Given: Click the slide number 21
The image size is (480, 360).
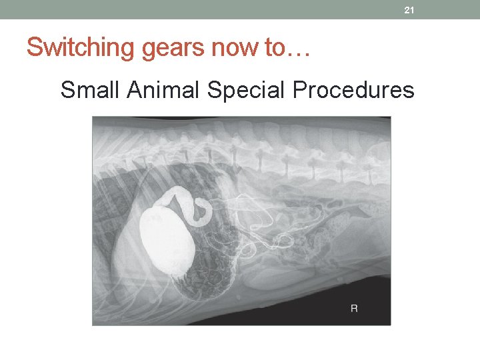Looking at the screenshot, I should click(x=409, y=10).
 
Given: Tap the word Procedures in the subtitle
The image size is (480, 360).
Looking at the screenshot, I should click(x=354, y=89).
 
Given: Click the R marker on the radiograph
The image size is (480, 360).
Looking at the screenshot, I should click(x=354, y=308).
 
